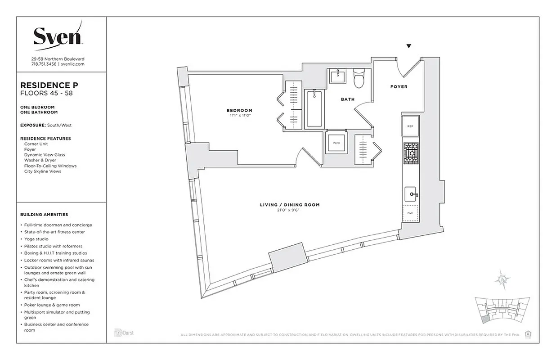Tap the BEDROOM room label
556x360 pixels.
pos(239,110)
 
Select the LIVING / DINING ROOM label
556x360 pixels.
pos(290,205)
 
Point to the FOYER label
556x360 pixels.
pos(399,86)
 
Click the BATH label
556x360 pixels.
pos(347,99)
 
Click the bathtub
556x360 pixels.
pos(314,108)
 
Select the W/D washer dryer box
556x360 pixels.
pos(336,144)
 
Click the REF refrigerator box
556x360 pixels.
pos(410,126)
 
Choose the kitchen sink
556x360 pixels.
pos(410,194)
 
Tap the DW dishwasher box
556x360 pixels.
pos(410,213)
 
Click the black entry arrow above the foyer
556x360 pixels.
pos(409,46)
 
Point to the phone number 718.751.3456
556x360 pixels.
pos(44,64)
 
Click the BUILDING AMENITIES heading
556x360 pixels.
pos(44,215)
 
